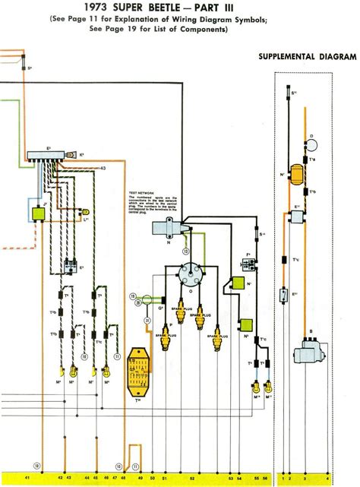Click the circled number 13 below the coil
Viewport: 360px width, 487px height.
[x=185, y=248]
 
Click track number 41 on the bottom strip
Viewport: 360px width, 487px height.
[x=27, y=478]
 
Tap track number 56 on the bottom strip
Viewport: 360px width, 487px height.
[x=265, y=478]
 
